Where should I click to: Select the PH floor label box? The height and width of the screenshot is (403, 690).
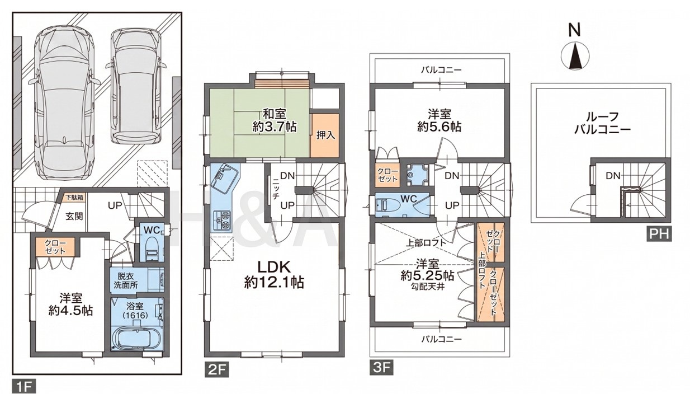click(x=659, y=234)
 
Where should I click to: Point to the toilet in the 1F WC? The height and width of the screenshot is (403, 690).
click(x=152, y=249)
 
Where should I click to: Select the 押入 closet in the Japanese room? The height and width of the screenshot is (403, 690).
click(x=325, y=135)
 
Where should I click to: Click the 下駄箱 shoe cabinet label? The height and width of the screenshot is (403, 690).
click(x=75, y=196)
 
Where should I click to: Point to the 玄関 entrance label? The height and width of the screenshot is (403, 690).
click(x=74, y=216)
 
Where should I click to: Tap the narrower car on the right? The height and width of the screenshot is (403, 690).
click(x=136, y=86)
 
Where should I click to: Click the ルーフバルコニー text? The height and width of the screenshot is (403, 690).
click(x=602, y=123)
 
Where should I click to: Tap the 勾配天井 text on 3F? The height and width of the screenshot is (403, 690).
click(x=427, y=287)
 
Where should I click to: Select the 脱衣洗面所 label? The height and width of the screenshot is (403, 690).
click(x=126, y=280)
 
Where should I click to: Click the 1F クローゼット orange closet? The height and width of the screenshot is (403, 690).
click(x=55, y=247)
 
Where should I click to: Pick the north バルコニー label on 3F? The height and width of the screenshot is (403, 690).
click(x=441, y=70)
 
